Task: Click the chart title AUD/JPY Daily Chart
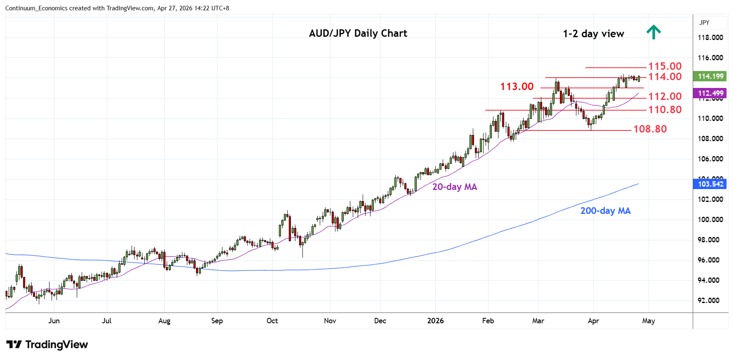pyautogui.click(x=358, y=33)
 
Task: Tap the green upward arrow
pyautogui.click(x=654, y=32)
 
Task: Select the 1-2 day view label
pyautogui.click(x=593, y=34)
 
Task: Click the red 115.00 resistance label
pyautogui.click(x=665, y=66)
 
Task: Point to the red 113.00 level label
pyautogui.click(x=517, y=87)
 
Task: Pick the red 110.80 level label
pyautogui.click(x=665, y=110)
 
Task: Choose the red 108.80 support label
pyautogui.click(x=650, y=129)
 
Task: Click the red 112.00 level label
pyautogui.click(x=665, y=97)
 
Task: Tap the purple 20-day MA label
pyautogui.click(x=454, y=187)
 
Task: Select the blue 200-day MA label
pyautogui.click(x=605, y=211)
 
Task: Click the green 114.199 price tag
pyautogui.click(x=710, y=76)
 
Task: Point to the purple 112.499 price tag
pyautogui.click(x=710, y=93)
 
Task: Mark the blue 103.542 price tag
pyautogui.click(x=710, y=184)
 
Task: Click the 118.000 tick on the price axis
pyautogui.click(x=710, y=38)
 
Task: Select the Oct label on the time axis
pyautogui.click(x=272, y=321)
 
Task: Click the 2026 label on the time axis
pyautogui.click(x=435, y=321)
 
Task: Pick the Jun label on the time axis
pyautogui.click(x=54, y=321)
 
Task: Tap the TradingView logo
pyautogui.click(x=47, y=345)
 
